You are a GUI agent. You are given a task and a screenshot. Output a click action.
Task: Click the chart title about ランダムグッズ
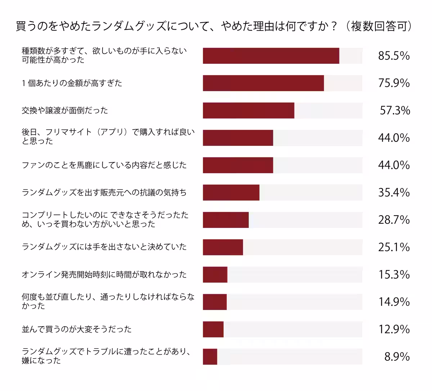tap(214, 27)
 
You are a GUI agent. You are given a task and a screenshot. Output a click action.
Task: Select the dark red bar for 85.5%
tap(271, 56)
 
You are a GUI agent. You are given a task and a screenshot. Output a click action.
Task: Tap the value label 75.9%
tap(394, 83)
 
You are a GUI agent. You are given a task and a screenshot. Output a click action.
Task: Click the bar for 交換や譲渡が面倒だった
tap(248, 111)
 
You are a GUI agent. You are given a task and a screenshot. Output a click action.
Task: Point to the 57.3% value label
tap(395, 111)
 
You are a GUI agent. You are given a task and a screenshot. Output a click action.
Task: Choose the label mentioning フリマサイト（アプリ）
tap(108, 136)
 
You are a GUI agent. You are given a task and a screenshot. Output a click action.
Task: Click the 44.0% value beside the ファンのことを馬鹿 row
tap(394, 165)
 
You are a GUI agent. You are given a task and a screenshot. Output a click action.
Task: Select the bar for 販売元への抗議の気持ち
tap(231, 193)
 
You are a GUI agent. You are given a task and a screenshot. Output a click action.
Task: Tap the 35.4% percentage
tap(394, 193)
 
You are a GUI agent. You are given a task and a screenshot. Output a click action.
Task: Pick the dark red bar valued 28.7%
tap(226, 220)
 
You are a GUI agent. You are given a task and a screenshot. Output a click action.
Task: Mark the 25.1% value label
tap(394, 247)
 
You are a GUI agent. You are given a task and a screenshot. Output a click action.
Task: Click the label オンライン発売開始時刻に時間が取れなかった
tap(104, 275)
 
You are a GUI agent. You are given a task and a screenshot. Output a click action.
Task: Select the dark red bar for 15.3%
tap(215, 275)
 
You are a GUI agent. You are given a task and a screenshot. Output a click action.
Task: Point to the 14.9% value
tap(394, 302)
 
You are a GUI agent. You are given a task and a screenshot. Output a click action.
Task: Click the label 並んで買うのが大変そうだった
tap(77, 329)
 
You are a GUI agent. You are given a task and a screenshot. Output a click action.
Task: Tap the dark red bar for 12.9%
tap(213, 329)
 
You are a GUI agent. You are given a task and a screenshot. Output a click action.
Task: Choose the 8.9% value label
tap(397, 357)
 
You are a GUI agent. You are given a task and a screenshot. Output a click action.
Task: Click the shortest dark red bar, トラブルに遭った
tap(210, 357)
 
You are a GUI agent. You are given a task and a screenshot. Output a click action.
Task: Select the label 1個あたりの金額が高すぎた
tap(72, 83)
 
